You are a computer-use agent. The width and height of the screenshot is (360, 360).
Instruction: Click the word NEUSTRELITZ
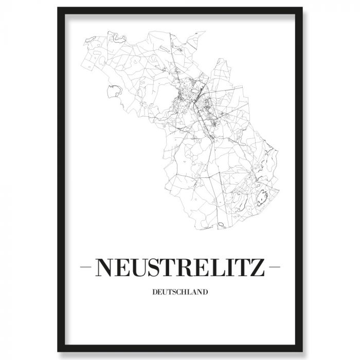click(180, 267)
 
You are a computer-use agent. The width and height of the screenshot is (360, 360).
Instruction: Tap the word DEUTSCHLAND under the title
click(180, 293)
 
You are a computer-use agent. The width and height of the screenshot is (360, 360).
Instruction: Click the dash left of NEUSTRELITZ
click(86, 267)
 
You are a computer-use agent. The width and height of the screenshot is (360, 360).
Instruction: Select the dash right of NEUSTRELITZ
click(274, 267)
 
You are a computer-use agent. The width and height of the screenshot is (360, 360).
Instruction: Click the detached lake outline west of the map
click(113, 92)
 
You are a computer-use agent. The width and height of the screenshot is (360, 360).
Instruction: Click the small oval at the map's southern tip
click(221, 225)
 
